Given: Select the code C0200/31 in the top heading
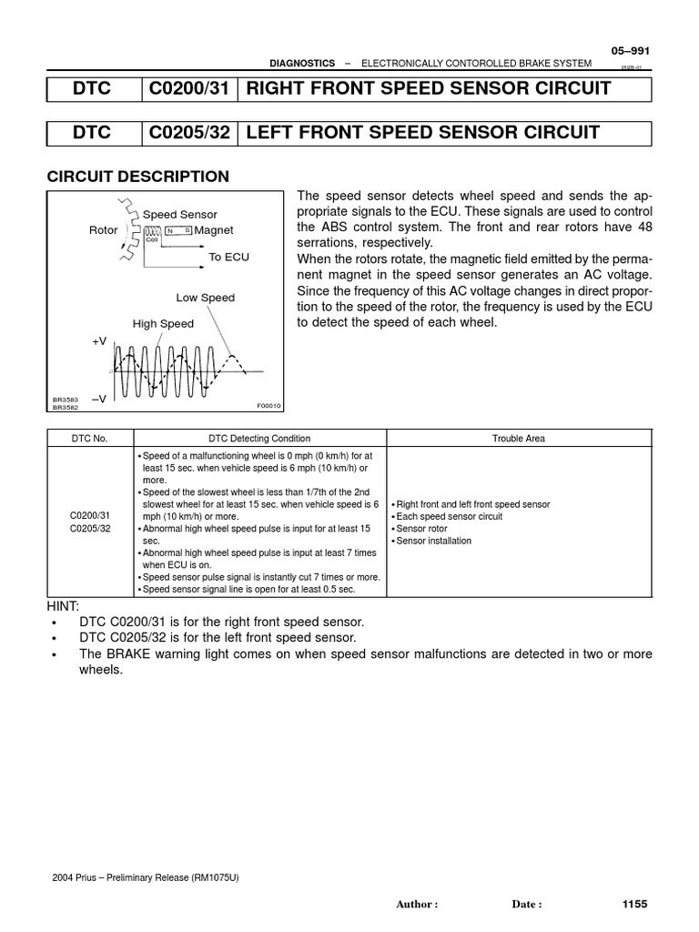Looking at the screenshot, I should [189, 88].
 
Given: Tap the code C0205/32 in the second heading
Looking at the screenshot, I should [189, 133].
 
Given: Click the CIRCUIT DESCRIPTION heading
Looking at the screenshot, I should [137, 177].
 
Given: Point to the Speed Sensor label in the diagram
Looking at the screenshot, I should [180, 215].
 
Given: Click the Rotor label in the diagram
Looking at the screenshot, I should [103, 230].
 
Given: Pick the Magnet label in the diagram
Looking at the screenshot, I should [214, 230].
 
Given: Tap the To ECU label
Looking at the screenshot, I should [228, 258].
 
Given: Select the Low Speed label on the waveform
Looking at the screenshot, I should [205, 298].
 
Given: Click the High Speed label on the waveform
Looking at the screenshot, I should [163, 323].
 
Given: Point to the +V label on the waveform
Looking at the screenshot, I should [99, 340].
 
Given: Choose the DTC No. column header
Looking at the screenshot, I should [90, 438].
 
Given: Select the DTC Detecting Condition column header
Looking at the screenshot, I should [260, 438].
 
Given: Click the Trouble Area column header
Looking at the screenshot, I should [519, 438].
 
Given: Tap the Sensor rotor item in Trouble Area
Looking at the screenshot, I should [422, 529].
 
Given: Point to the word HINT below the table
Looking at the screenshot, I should [63, 606].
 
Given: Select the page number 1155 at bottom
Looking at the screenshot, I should [633, 904].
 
